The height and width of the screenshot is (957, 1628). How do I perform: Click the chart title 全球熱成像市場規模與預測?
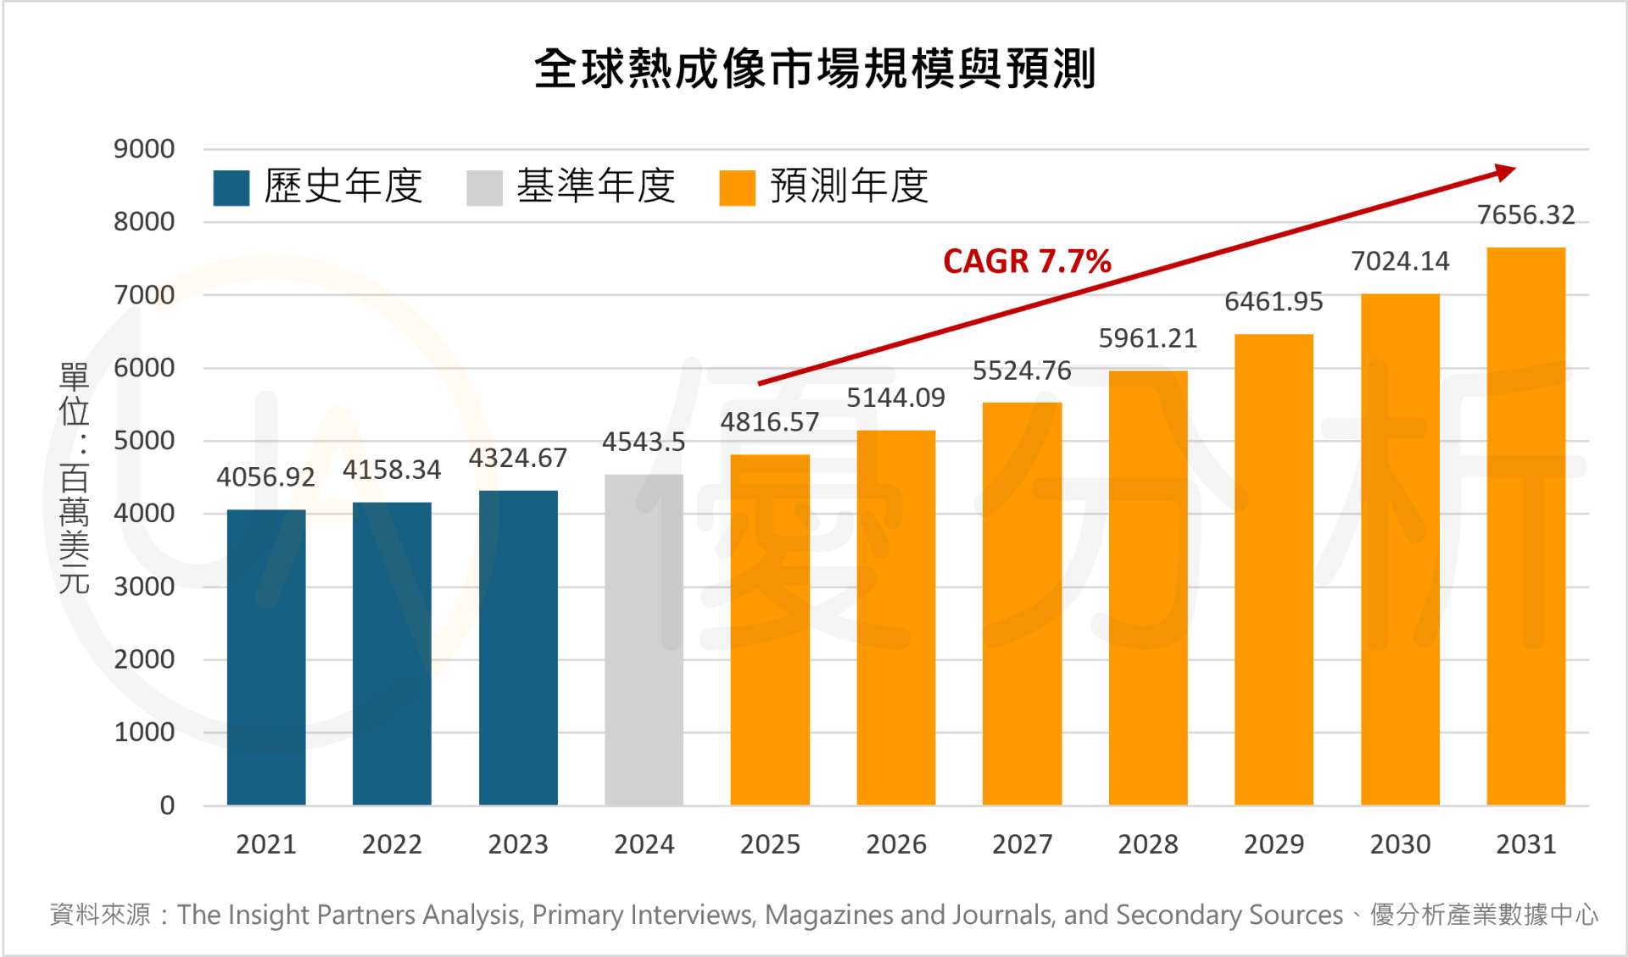tap(815, 69)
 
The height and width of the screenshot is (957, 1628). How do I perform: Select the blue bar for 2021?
tap(266, 657)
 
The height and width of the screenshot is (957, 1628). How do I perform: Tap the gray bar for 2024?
tap(644, 640)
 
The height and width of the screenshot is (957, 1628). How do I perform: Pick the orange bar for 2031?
tap(1525, 526)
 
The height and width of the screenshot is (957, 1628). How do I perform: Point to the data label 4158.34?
tap(392, 470)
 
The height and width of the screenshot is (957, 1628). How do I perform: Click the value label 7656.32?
tap(1525, 215)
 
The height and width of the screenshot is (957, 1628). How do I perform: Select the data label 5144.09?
tap(895, 398)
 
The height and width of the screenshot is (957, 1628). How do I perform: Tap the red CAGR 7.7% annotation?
tap(1027, 261)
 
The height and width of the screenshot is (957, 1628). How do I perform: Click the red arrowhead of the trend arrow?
tap(1506, 172)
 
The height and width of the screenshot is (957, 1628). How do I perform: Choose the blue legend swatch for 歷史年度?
tap(231, 187)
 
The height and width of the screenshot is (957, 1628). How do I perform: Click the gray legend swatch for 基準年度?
tap(484, 187)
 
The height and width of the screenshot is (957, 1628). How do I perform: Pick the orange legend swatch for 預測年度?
tap(737, 187)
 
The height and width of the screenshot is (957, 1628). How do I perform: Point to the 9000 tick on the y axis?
tap(144, 149)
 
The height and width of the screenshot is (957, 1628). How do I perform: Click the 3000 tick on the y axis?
tap(144, 587)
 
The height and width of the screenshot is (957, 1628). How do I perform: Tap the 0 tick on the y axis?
tap(167, 805)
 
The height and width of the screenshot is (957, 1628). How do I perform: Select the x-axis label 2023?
tap(518, 844)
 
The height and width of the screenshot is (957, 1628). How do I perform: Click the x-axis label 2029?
tap(1274, 844)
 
